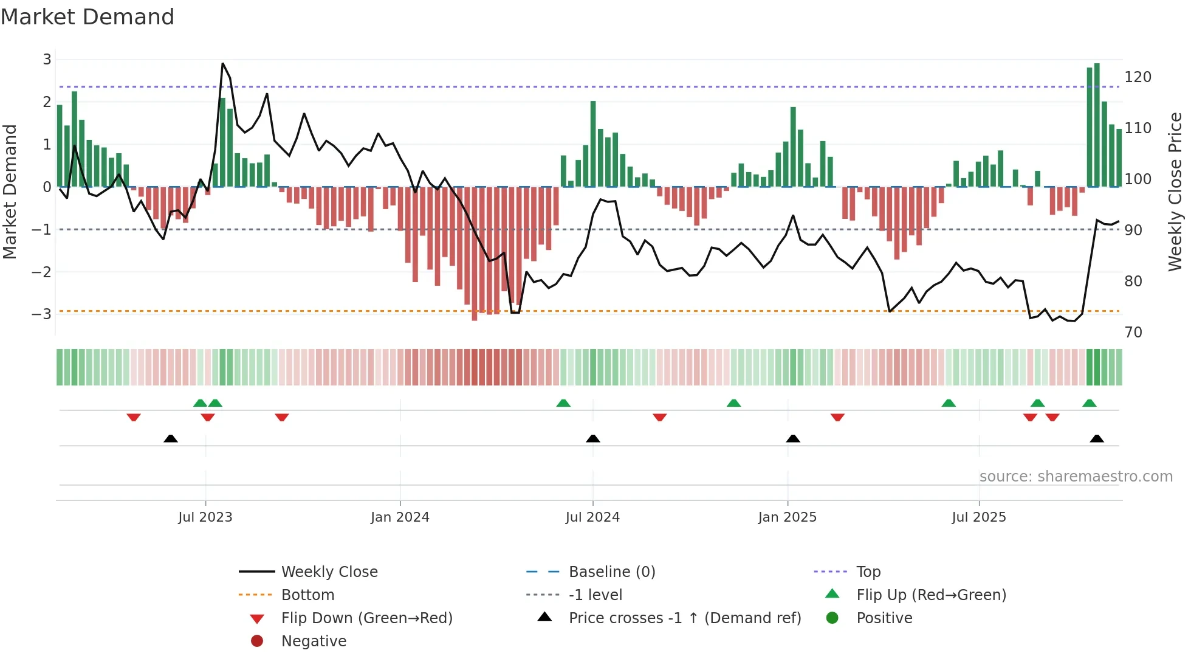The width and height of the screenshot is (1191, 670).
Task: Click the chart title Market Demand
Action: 88,17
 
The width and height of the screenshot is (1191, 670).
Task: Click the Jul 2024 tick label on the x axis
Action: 592,517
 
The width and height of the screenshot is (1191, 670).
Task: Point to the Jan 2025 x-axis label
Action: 787,517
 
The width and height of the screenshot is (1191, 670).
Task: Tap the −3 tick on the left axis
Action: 41,314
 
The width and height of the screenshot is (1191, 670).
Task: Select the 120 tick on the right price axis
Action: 1138,77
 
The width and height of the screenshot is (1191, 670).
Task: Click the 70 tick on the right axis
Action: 1133,333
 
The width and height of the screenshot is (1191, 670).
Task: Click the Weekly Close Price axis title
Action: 1175,192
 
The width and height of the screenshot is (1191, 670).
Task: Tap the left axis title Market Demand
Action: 10,192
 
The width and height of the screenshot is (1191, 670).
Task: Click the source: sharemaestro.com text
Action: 1076,477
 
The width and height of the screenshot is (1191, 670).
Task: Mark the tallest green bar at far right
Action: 1097,125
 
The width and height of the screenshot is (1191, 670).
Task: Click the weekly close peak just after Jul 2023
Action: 223,64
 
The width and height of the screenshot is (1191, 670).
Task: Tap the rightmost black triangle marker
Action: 1097,439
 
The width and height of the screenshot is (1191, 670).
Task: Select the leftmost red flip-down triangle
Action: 134,417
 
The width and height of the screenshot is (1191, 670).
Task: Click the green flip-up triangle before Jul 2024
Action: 563,403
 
